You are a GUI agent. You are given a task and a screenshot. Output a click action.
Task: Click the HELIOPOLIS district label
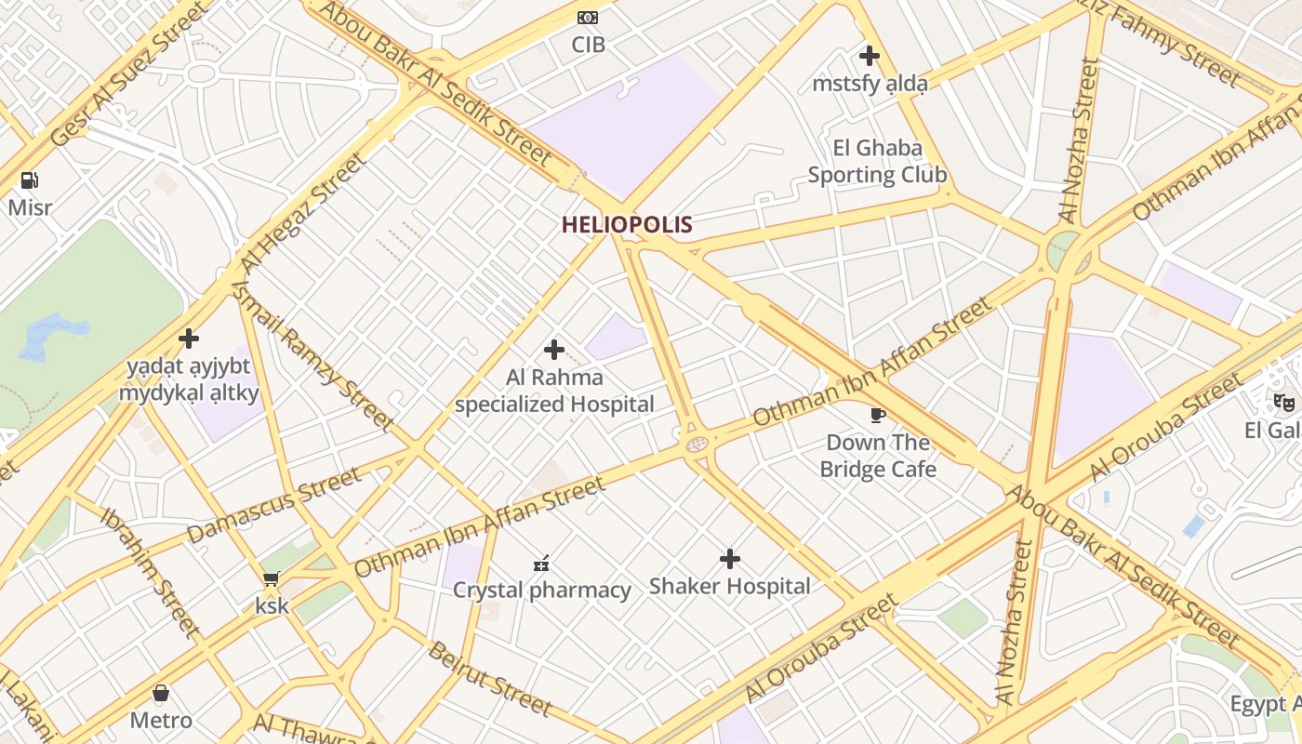pos(627,224)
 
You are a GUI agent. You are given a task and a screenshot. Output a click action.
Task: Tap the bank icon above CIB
pos(588,18)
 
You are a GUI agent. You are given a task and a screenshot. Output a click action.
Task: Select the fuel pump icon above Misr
pos(30,180)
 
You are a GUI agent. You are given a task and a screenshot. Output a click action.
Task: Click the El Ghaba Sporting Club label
pos(877,162)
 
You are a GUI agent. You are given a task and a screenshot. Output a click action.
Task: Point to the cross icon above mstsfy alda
pos(870,56)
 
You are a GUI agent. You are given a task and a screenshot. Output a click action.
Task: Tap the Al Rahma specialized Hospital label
pos(554,391)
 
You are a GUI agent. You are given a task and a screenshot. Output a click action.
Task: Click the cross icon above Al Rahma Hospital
pos(554,350)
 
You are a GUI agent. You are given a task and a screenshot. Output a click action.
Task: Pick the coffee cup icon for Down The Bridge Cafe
pos(877,415)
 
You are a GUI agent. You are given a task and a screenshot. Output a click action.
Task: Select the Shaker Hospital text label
pos(730,586)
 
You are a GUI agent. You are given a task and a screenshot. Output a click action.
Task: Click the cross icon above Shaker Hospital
pos(730,559)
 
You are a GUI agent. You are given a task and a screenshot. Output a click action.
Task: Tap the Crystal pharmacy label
pos(541,590)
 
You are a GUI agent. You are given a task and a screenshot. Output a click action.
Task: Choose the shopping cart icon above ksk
pos(272,579)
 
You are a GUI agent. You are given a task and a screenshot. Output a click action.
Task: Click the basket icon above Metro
pos(161,694)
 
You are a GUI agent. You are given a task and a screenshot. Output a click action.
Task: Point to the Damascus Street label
pos(273,506)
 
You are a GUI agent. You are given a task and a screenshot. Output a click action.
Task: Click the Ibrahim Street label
pos(151,573)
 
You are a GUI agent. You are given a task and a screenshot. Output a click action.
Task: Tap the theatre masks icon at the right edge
pos(1284,403)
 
